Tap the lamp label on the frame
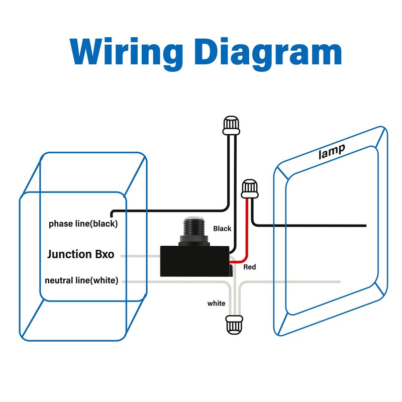coord(332,151)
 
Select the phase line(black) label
coord(83,224)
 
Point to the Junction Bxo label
coord(80,254)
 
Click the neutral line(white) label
coord(81,280)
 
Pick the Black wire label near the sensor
coord(222,229)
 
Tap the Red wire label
coord(250,267)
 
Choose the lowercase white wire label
coord(216,304)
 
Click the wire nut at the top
coord(231,125)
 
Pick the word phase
coord(59,224)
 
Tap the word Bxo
coord(105,254)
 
